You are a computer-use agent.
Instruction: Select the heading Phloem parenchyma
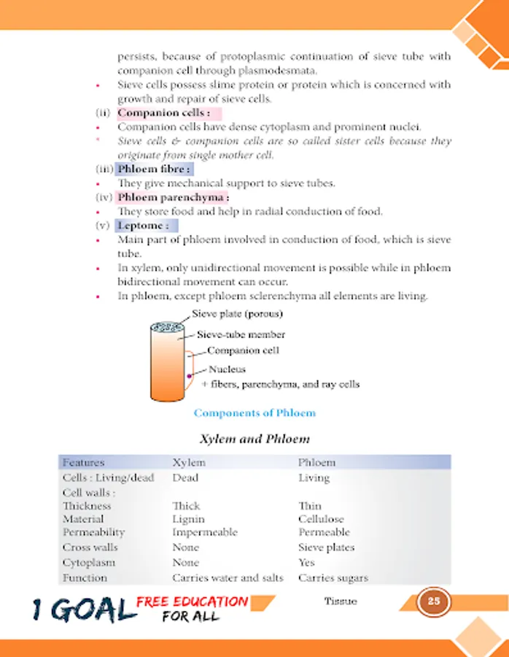click(172, 198)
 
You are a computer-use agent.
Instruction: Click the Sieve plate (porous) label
click(237, 314)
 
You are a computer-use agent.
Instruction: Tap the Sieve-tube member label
click(241, 335)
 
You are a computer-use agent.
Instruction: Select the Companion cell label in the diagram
click(243, 350)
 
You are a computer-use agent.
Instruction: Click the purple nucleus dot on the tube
click(189, 376)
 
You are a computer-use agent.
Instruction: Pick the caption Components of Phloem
click(254, 413)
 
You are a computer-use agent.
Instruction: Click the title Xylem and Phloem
click(254, 439)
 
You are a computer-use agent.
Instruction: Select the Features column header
click(83, 463)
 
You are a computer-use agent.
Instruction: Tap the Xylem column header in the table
click(189, 463)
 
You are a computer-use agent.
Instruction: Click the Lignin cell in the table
click(188, 519)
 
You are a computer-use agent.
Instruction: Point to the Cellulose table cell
click(321, 519)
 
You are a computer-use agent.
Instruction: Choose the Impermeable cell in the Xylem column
click(205, 532)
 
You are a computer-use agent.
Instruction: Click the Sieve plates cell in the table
click(326, 547)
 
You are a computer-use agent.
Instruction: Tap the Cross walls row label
click(90, 547)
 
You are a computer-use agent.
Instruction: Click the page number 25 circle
click(433, 602)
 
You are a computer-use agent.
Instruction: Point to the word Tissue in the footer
click(340, 602)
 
